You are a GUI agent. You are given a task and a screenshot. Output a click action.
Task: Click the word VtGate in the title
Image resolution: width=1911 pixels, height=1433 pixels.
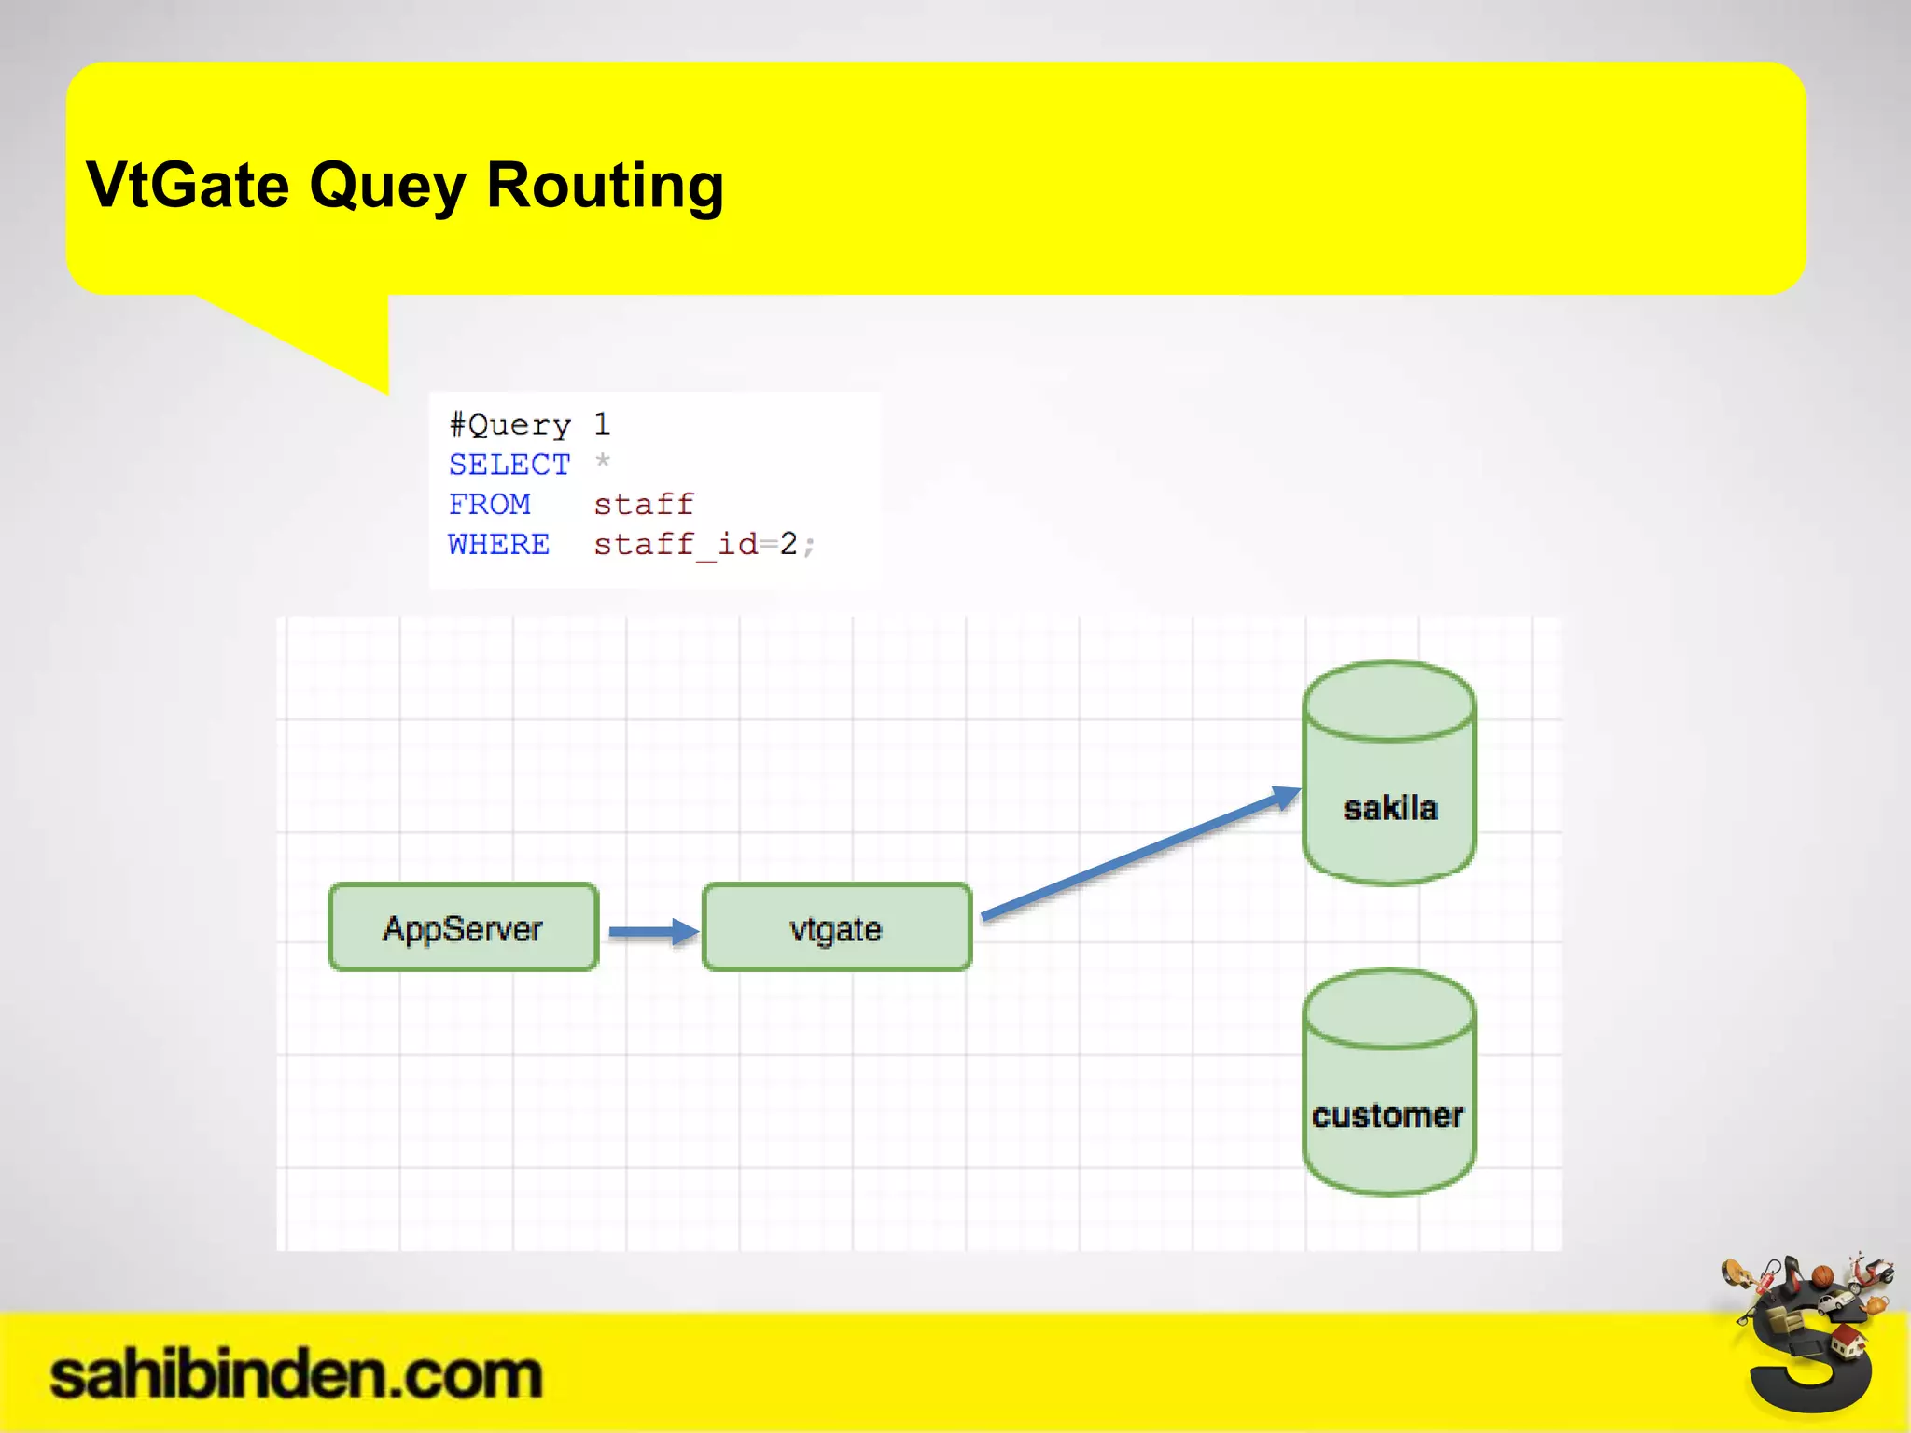pos(188,185)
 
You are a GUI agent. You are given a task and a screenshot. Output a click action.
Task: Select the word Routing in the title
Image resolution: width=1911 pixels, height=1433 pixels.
pos(605,185)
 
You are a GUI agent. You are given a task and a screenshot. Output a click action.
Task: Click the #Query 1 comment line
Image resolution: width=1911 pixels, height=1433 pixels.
pos(529,425)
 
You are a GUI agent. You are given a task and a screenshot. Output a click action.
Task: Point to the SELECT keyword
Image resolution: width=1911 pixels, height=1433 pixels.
pos(509,465)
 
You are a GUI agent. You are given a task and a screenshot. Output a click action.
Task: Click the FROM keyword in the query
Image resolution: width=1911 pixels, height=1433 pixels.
pos(489,505)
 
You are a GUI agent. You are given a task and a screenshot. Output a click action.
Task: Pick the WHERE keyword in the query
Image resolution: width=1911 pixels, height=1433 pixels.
pos(498,544)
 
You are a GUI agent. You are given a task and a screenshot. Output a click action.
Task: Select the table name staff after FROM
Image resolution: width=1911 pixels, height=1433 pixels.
pos(644,505)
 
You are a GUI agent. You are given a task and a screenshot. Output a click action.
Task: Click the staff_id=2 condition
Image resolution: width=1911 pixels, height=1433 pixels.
pos(695,544)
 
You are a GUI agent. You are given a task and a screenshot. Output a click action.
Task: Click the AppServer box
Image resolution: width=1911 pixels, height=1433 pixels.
pos(463,927)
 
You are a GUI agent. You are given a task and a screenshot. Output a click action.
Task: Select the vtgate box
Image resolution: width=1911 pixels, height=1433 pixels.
pos(836,927)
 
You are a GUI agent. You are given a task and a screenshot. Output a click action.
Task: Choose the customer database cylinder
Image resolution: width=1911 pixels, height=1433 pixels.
pos(1388,1082)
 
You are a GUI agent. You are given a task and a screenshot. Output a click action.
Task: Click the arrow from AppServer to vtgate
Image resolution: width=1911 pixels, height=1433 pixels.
pos(652,931)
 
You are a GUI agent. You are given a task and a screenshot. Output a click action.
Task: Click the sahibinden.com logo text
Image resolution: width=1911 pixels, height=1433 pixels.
pos(296,1375)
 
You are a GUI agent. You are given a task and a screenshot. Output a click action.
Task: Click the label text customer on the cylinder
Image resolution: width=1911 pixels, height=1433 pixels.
pos(1387,1116)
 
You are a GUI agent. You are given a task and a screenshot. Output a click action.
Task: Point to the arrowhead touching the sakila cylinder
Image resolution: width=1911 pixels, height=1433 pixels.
pos(1287,796)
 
